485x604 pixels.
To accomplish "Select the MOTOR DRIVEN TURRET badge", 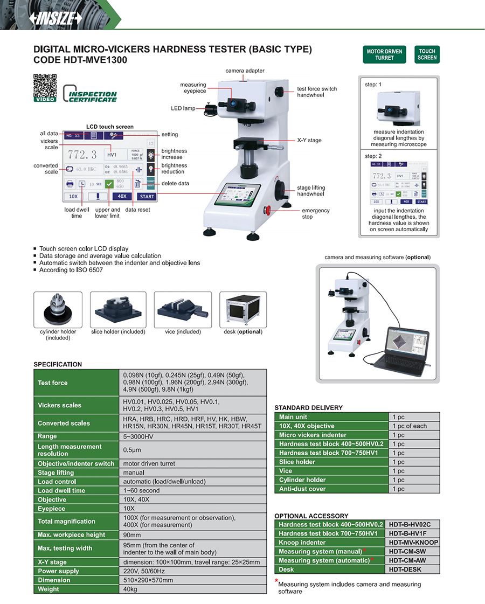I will [x=384, y=54].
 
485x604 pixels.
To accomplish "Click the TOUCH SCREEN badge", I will [x=427, y=54].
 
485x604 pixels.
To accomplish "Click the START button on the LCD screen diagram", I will [x=147, y=197].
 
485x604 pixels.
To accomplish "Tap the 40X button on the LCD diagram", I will [x=122, y=197].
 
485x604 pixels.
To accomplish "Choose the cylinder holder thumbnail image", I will [x=58, y=310].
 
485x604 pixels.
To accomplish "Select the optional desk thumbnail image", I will [x=242, y=310].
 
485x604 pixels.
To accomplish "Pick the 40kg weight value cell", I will [x=192, y=589].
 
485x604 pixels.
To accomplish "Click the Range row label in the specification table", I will [x=76, y=436].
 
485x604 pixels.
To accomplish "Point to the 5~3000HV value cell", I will [x=192, y=436].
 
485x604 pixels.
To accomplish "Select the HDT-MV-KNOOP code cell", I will [x=413, y=543].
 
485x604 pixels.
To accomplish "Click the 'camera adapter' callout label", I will [x=245, y=71].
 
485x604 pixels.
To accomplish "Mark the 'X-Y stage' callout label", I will [x=309, y=140].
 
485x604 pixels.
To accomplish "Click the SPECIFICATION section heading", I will [x=58, y=364].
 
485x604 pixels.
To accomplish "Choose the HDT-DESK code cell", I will [x=413, y=570].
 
